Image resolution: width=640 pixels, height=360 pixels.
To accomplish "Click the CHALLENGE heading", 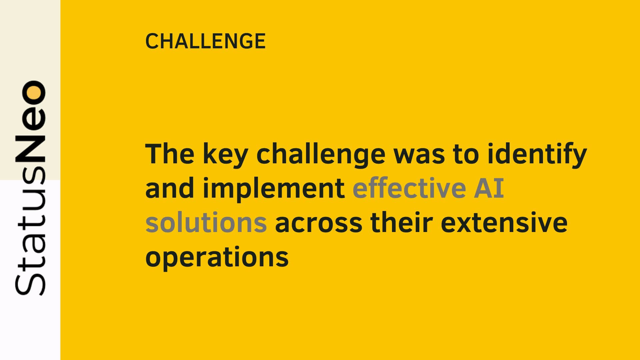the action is tap(205, 41).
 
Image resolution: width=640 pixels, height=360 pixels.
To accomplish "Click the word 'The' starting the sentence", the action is tap(170, 154).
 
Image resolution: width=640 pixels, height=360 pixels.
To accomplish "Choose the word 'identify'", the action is tap(537, 156).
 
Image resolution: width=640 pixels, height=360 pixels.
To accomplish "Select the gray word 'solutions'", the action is tap(206, 222).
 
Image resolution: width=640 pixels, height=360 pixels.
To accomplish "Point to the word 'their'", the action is tap(401, 222).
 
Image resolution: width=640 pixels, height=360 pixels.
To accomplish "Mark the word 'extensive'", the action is tap(504, 222).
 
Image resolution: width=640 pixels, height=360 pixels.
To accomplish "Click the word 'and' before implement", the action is tap(170, 188).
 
